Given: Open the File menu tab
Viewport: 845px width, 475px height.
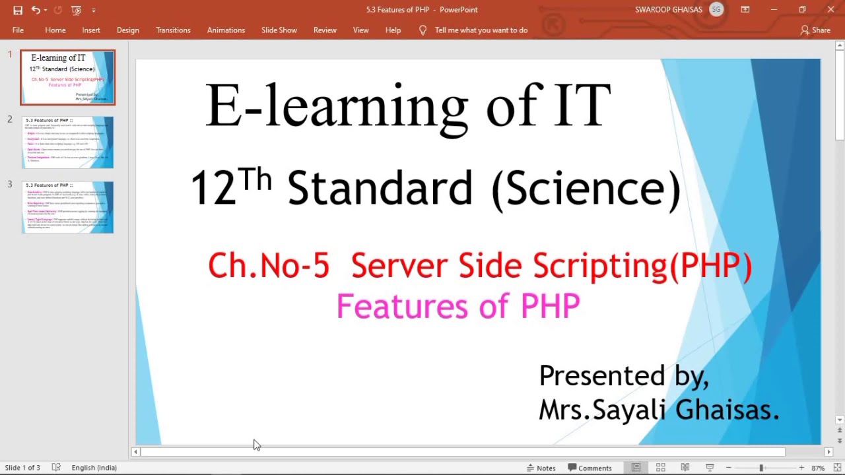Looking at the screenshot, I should (18, 30).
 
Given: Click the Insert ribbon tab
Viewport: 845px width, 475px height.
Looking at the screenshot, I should (91, 30).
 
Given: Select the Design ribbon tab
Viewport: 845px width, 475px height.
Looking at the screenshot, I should (127, 30).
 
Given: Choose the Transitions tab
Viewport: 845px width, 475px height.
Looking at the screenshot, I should (173, 30).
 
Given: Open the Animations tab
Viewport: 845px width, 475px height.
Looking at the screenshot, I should (226, 30).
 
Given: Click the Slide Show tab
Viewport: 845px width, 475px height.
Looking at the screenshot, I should (279, 30).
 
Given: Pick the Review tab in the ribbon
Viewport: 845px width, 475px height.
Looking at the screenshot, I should (325, 30).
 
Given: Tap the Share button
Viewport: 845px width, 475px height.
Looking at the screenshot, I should (815, 30).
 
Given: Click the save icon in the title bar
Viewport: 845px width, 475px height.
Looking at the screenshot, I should (18, 10).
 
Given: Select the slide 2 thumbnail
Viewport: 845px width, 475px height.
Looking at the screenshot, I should (67, 142).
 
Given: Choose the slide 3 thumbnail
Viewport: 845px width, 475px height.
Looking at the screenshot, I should (67, 207).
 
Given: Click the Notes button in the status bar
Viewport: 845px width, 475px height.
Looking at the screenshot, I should (541, 468).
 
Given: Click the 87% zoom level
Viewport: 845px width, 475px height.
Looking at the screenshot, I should (818, 468).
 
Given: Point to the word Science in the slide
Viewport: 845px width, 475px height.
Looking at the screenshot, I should (586, 189).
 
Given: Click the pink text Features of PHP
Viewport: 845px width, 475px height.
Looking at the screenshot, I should (457, 307).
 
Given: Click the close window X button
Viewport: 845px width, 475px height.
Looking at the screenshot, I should (830, 10).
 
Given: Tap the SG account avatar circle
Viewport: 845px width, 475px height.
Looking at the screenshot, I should (716, 10).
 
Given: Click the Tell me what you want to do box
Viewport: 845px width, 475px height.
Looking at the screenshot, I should (481, 30).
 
